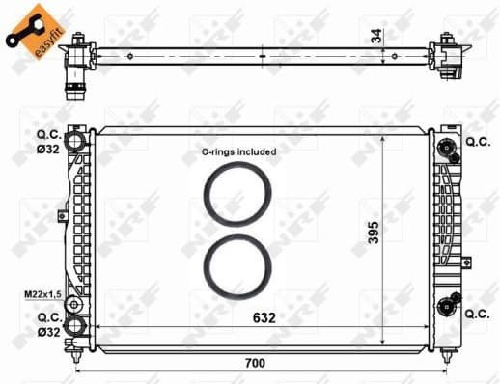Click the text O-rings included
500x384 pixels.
[238, 151]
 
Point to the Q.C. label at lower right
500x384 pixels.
[478, 315]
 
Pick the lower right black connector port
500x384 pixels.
[445, 307]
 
